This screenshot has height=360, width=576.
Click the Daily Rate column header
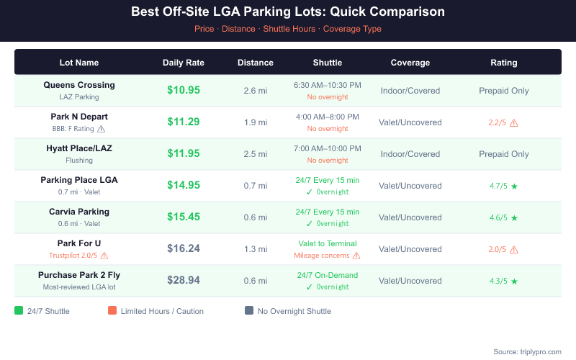pos(184,63)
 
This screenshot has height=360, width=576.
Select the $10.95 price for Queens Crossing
pos(184,90)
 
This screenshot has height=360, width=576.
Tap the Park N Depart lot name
pos(79,117)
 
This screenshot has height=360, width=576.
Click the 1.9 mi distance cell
pos(256,122)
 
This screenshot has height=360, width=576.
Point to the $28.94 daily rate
pos(184,280)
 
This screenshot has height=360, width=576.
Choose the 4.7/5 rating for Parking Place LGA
pos(498,186)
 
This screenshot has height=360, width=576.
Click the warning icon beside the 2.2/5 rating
pos(514,122)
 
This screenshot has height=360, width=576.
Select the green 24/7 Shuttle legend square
pos(19,311)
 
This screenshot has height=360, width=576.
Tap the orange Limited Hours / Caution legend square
pos(112,311)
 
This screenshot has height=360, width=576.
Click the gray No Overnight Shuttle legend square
pos(249,311)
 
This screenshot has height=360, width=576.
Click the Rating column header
pos(504,63)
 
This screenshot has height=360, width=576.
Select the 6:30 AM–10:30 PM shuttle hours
pos(328,85)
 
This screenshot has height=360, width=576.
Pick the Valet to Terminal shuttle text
pos(328,243)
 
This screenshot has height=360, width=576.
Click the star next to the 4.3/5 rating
pos(514,281)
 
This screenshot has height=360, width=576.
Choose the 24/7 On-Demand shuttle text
pos(328,275)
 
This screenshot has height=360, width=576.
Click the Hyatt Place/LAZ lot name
pos(79,148)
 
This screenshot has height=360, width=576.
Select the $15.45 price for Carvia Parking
pos(184,217)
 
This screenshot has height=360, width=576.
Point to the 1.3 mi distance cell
pos(256,249)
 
